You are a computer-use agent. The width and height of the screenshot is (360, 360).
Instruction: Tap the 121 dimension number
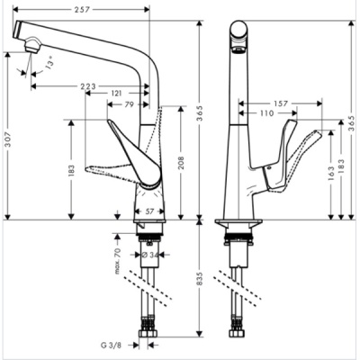click(x=117, y=94)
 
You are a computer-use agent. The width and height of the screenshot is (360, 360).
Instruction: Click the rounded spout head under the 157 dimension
click(x=238, y=36)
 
